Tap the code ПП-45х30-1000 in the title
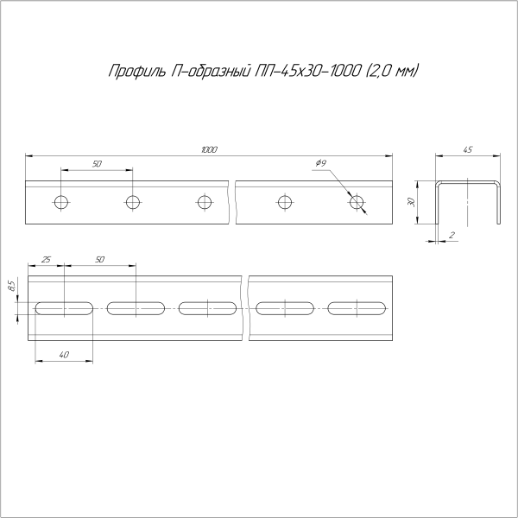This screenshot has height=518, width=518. click(301, 71)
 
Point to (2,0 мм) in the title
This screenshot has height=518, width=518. click(391, 71)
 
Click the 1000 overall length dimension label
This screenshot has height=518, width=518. click(208, 150)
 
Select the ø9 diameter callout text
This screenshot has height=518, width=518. click(320, 163)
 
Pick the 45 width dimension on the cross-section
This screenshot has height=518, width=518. click(468, 150)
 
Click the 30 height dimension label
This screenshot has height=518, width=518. click(414, 201)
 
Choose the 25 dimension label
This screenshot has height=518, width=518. click(46, 259)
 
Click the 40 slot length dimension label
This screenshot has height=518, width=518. click(64, 356)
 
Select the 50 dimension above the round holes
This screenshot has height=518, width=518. click(96, 163)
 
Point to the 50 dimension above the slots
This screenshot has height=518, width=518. click(99, 259)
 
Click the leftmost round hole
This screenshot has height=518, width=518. click(60, 203)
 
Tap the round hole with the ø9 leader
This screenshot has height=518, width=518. click(357, 203)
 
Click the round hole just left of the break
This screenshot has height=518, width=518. click(204, 203)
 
